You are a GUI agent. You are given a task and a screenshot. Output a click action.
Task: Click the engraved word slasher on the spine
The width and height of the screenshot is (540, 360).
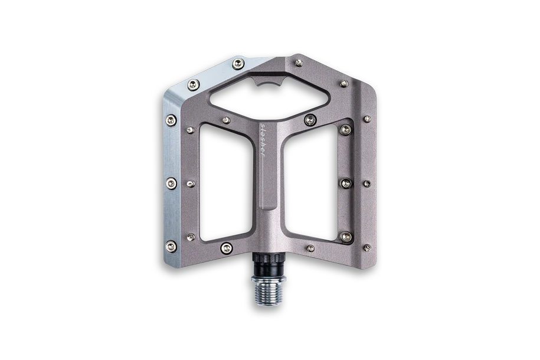(x=263, y=140)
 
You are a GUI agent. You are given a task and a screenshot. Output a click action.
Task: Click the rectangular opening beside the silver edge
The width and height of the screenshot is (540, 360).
(x=227, y=182)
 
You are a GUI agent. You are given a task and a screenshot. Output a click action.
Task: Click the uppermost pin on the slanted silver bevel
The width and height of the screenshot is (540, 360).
(x=238, y=63)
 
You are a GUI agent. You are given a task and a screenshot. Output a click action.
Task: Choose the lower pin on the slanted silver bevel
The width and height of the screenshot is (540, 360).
(x=194, y=84)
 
